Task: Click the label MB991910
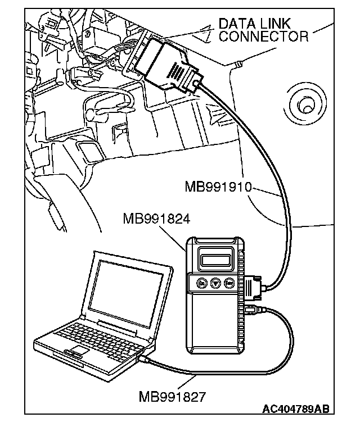[219, 185]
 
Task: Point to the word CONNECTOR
[263, 37]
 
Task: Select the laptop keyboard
[96, 338]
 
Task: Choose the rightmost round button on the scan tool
[229, 284]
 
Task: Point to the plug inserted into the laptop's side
[145, 358]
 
